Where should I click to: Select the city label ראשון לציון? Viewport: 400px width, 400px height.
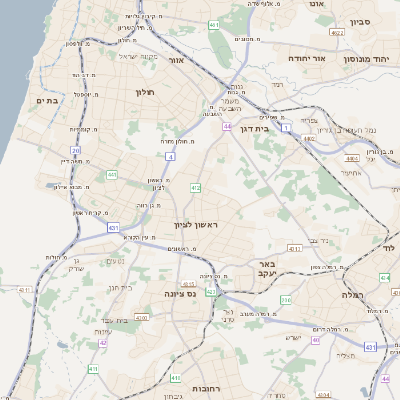tap(195, 226)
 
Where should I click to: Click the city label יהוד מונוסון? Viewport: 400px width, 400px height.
tap(369, 59)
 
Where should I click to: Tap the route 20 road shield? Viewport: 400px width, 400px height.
tap(75, 150)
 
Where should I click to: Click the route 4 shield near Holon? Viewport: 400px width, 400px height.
tap(170, 157)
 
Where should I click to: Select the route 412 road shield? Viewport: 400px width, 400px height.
tap(196, 188)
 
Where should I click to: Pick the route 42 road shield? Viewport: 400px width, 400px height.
tap(102, 342)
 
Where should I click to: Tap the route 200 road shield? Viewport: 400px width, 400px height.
tap(286, 299)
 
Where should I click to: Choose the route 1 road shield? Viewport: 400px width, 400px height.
tap(287, 127)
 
